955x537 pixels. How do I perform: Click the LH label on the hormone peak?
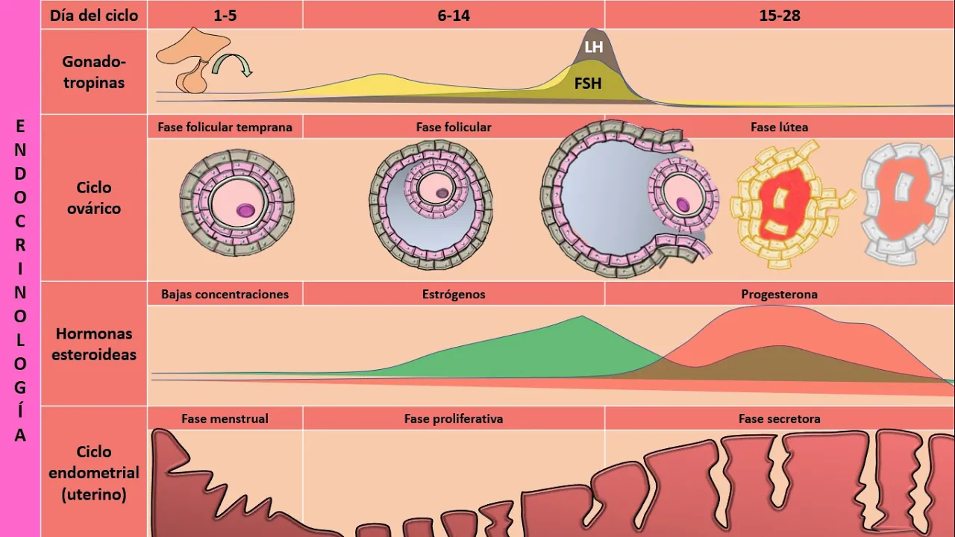tap(594, 47)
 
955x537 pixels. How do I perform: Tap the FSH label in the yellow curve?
tap(588, 84)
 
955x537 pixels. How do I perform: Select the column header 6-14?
tap(454, 15)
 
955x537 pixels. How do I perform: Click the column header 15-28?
tap(780, 15)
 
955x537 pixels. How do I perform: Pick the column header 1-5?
tap(225, 15)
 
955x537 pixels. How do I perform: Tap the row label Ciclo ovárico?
tap(93, 198)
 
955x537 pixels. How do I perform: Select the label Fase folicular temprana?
tap(225, 127)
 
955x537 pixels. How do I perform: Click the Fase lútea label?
tap(779, 127)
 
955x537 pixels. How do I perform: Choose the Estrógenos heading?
tap(454, 294)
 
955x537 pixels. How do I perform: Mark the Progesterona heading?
tap(779, 294)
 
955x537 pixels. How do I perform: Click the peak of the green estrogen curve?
tap(581, 318)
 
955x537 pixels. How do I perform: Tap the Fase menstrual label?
tap(225, 418)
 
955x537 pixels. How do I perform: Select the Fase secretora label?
tap(779, 418)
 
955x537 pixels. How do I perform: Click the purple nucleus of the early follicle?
tap(245, 211)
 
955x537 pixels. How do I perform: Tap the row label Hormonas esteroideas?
tap(93, 344)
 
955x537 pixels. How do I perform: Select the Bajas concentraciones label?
tap(225, 294)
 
